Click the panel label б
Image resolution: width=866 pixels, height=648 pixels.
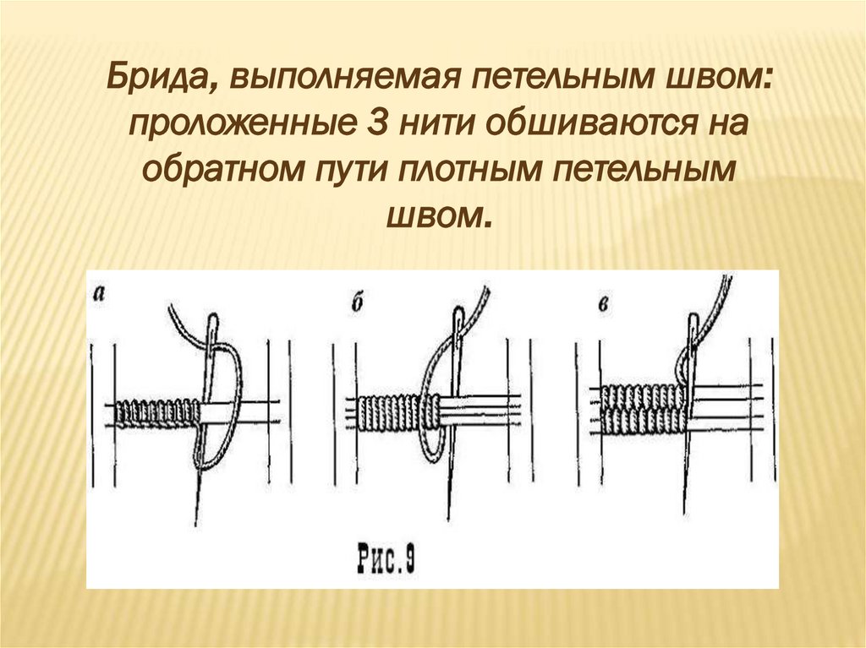(357, 302)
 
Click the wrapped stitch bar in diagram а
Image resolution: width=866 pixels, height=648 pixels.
(157, 411)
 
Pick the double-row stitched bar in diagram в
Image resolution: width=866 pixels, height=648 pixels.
(642, 407)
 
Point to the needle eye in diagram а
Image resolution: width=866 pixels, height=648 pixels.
(211, 326)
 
